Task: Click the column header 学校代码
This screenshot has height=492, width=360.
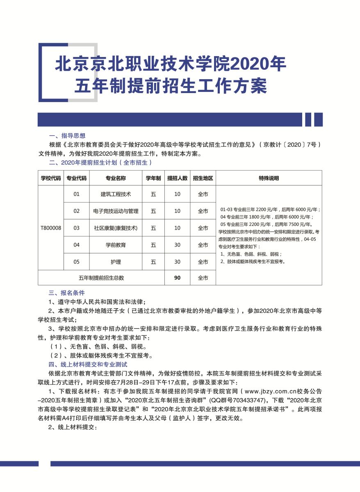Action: coord(51,178)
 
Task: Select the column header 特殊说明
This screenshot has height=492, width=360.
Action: coord(269,178)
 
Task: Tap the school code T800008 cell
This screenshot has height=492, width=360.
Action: coord(51,228)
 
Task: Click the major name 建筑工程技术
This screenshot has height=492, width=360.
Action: coord(116,194)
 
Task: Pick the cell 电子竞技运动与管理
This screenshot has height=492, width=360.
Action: coord(116,211)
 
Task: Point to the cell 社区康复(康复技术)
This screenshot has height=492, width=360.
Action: coord(116,228)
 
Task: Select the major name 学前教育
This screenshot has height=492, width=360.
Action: coord(116,245)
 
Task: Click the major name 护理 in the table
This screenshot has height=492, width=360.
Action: coord(116,262)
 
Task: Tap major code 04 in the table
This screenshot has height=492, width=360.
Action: coord(77,245)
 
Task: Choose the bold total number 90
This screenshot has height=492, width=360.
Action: coord(177,278)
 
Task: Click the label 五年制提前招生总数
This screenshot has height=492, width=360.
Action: coord(101,278)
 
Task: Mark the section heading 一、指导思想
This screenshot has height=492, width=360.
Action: coord(67,136)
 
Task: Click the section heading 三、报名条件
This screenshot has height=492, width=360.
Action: coord(67,293)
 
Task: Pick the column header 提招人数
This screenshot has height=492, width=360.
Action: coord(177,178)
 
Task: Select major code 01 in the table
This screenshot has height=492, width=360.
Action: coord(77,194)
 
